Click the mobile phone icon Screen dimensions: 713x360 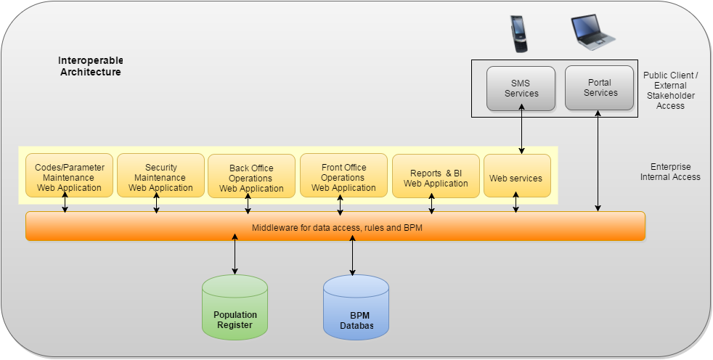point(519,34)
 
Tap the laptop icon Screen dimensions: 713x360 point(592,32)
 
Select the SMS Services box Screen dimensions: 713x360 point(521,89)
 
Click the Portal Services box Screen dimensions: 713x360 point(599,88)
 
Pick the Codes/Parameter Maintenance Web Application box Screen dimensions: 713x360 point(69,176)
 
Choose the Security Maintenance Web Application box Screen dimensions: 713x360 point(161,176)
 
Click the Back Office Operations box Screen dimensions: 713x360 point(251,176)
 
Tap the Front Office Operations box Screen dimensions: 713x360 point(343,176)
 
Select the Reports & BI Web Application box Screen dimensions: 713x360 point(436,176)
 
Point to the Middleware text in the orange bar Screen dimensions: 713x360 point(337,228)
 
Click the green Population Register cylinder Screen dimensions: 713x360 point(235,307)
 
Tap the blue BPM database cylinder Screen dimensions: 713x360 point(356,307)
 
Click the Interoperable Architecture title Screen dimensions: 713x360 point(91,66)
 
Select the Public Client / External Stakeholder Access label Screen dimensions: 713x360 point(670,91)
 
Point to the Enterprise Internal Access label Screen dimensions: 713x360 point(670,172)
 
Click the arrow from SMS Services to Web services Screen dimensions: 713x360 point(521,128)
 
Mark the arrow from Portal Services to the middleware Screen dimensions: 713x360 point(598,161)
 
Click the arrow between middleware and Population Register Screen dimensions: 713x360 point(235,254)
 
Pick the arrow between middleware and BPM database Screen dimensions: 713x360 point(352,255)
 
